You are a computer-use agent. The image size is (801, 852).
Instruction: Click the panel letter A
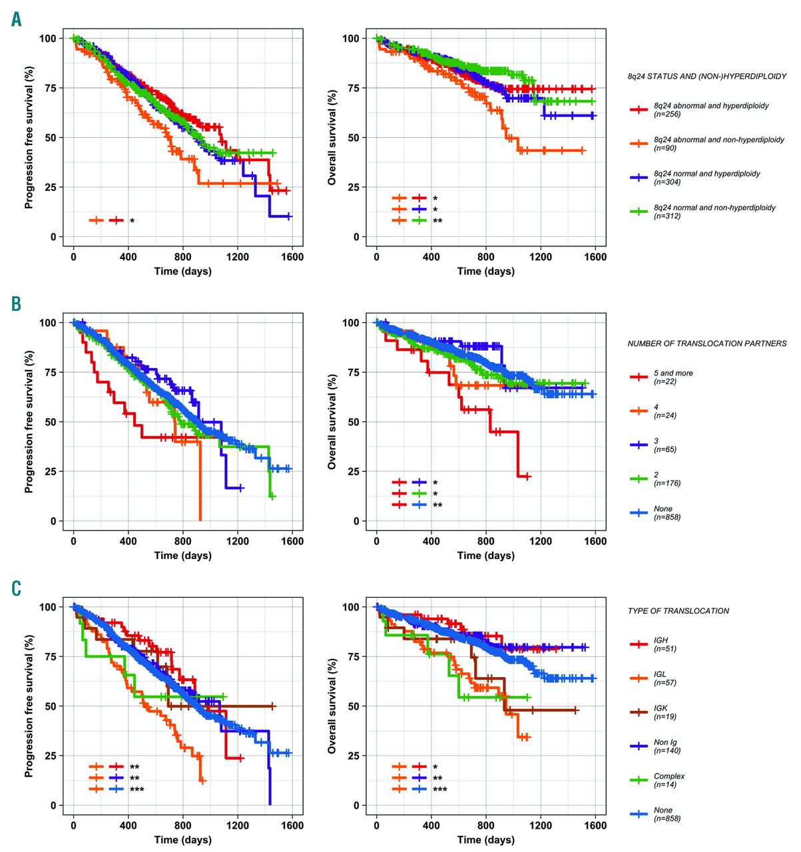17,19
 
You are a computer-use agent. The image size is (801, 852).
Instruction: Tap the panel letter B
17,304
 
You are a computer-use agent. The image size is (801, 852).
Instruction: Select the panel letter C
17,588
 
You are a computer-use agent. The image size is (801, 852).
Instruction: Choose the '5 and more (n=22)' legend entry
672,377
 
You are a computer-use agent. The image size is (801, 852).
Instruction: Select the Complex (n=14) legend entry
668,780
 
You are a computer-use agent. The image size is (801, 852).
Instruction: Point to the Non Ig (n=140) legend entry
667,746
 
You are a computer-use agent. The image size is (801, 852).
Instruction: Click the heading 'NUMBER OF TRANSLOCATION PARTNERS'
706,344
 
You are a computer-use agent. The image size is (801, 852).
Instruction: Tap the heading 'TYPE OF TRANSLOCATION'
678,611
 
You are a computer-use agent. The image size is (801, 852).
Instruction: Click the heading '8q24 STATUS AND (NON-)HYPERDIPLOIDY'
706,77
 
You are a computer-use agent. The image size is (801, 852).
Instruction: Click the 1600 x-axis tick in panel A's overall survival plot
595,257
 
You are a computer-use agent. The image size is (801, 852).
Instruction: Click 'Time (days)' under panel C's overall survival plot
485,839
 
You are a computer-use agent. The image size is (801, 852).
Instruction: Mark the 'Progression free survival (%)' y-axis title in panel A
29,138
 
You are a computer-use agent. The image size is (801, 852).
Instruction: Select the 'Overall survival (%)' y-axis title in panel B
332,421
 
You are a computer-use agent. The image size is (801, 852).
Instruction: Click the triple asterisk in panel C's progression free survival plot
137,789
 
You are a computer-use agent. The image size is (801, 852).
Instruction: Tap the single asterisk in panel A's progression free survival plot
132,220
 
